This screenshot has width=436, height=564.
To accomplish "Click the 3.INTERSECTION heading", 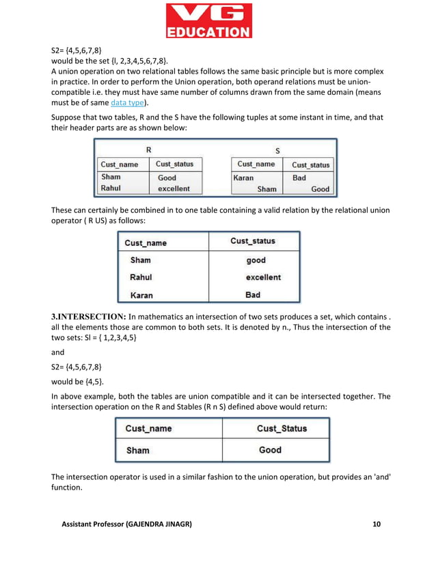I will tap(89, 316).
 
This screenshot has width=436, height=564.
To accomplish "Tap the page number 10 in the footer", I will tap(377, 524).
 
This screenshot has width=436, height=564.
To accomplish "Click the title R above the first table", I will tap(149, 150).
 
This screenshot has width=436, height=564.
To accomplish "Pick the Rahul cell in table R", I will tap(111, 188).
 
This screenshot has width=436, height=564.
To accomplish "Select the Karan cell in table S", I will tap(244, 178).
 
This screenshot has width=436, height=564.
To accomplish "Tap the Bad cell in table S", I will tap(299, 178).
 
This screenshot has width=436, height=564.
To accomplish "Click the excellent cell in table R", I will tap(174, 188).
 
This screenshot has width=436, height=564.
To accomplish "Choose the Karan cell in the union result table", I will tap(141, 295).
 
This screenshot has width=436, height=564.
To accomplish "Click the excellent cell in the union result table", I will tap(263, 277).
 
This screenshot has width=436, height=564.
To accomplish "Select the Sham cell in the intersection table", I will tap(137, 450).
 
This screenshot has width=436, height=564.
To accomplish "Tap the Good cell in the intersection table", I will tap(270, 450).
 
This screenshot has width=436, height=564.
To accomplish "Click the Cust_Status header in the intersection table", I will tap(282, 428).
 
